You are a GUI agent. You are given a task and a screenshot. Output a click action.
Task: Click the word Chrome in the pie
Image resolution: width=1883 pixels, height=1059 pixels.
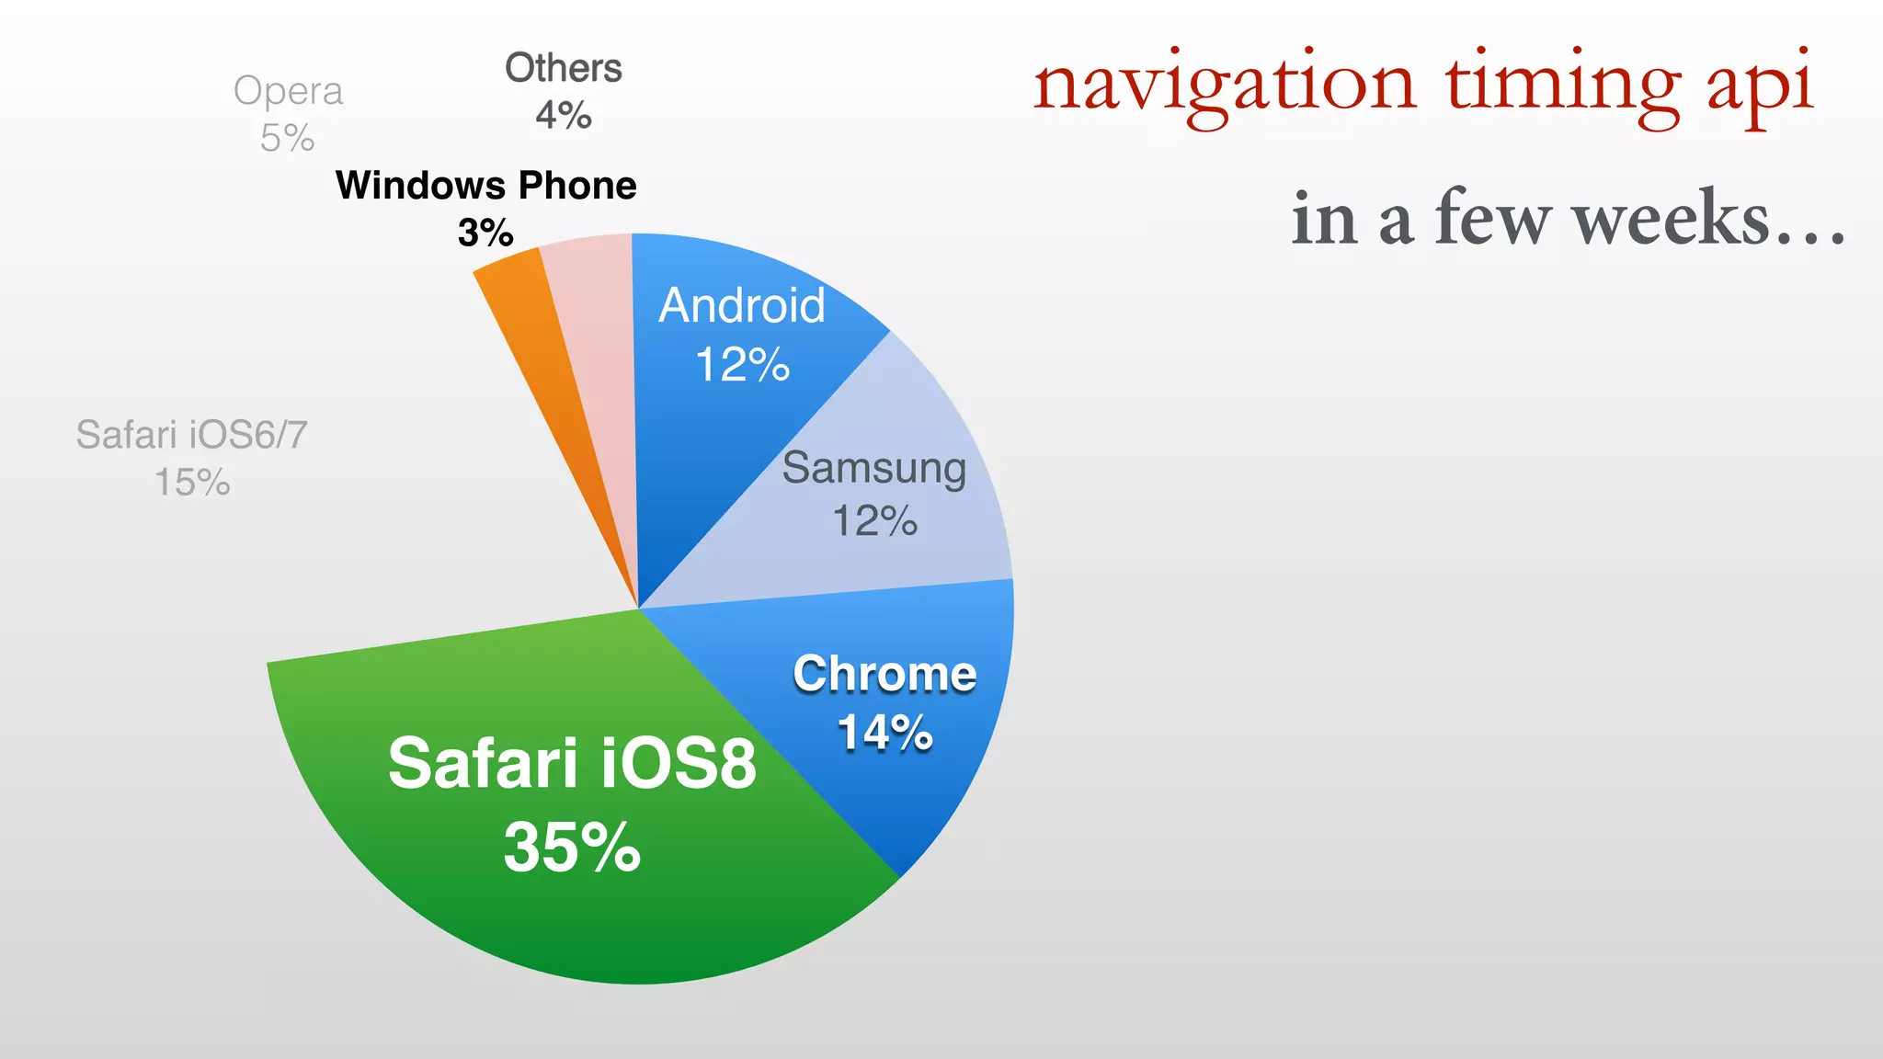[884, 674]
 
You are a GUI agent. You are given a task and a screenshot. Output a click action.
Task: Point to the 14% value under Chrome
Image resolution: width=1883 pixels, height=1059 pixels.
[884, 733]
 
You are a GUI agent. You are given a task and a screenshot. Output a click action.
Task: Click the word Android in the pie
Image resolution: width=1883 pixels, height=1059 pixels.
[742, 305]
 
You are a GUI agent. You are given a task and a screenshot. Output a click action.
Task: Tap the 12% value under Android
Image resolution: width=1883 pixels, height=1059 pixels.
[742, 365]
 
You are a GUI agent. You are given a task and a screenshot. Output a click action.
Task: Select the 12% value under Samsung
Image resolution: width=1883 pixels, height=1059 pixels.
[874, 521]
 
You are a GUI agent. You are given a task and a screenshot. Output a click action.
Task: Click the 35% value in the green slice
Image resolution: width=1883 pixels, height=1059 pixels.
[572, 847]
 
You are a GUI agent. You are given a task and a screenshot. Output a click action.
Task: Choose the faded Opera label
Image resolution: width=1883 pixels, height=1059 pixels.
[288, 91]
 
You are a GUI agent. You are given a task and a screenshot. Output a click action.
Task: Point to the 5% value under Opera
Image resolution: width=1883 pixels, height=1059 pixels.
[287, 139]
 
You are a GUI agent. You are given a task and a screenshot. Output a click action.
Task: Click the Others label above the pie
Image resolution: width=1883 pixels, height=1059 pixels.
[564, 68]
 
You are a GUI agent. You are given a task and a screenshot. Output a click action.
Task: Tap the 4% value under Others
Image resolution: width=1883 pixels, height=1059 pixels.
[563, 116]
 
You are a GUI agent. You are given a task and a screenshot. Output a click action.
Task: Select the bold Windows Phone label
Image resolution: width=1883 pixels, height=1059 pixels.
[486, 186]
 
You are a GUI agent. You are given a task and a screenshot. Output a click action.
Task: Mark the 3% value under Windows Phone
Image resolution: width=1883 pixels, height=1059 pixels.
[485, 233]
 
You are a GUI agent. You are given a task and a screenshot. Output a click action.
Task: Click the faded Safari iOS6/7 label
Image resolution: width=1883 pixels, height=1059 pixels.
[191, 435]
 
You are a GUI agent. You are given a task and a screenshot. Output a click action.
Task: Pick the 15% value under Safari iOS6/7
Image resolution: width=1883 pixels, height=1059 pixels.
[192, 483]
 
